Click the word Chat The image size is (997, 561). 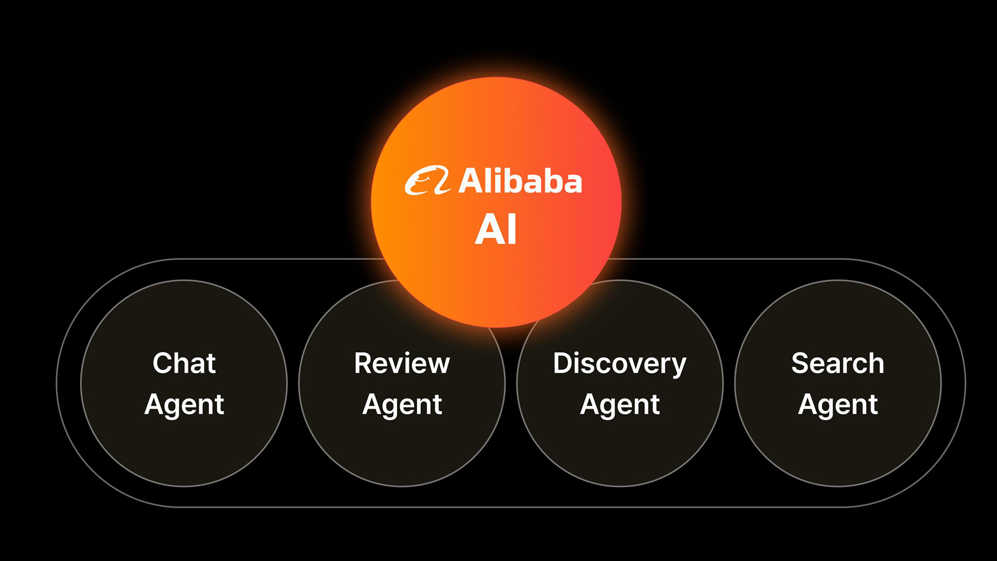coord(184,364)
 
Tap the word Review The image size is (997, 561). coord(402,364)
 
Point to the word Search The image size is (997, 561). coord(837,364)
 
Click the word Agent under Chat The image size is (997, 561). coord(184,405)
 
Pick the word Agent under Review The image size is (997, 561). coord(402,405)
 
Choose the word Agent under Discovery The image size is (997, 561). coord(619,405)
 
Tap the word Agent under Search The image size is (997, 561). coord(837,405)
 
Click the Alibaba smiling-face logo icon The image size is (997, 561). coord(427,181)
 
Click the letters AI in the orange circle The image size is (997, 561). coord(496,229)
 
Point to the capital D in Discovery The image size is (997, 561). coord(564,364)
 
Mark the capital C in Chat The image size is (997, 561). coord(164,364)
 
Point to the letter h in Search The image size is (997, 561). coord(875,364)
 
